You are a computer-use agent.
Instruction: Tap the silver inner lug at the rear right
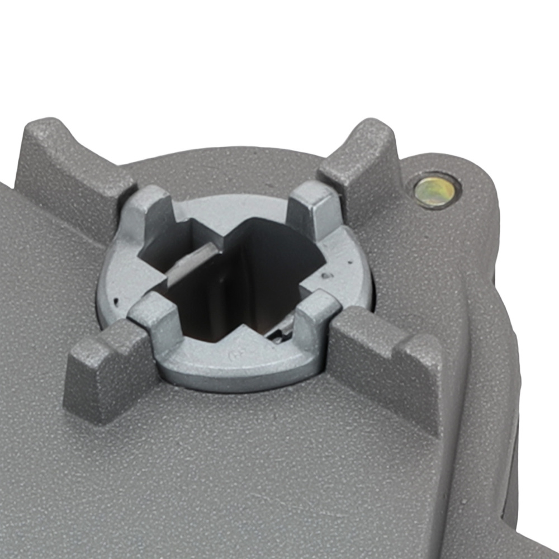[x=313, y=207]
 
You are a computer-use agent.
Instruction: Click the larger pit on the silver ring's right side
[x=325, y=275]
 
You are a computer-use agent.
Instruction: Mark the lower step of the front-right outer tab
[x=416, y=386]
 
